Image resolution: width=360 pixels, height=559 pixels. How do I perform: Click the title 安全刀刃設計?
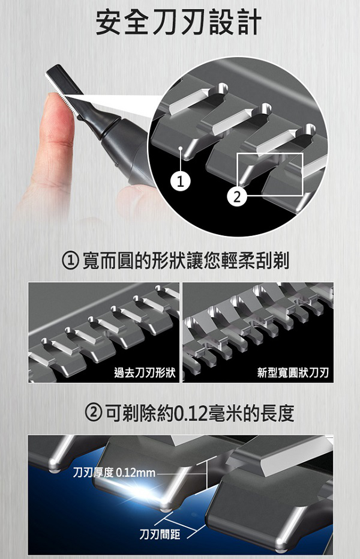(179, 22)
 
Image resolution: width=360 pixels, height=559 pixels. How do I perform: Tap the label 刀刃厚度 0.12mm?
(113, 473)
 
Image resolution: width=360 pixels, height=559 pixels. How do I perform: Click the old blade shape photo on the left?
(104, 332)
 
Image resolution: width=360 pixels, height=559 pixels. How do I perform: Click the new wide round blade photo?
(257, 332)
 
